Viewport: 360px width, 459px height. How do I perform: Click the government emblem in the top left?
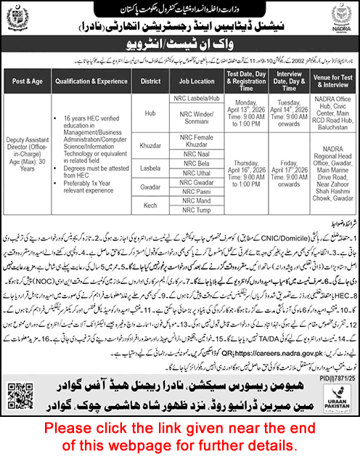(19, 22)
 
